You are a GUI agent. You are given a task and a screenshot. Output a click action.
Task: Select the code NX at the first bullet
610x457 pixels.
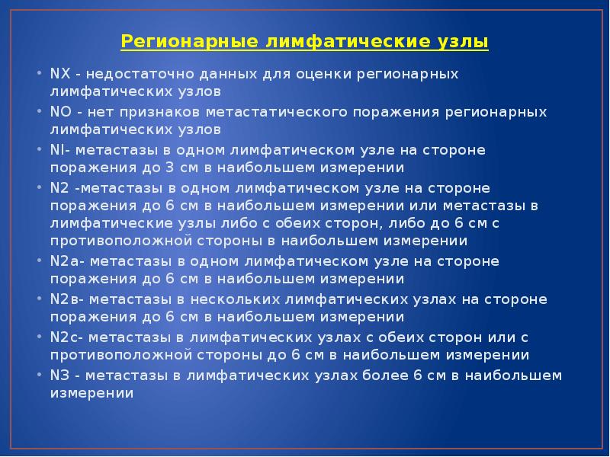(x=59, y=75)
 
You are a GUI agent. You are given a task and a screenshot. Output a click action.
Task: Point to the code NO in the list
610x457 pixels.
(x=59, y=112)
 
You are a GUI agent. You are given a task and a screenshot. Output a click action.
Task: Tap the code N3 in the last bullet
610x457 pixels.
(x=59, y=374)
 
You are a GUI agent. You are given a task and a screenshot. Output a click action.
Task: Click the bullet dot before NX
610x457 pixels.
(x=40, y=75)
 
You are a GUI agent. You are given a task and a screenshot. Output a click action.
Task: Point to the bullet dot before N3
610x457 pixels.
(x=40, y=374)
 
